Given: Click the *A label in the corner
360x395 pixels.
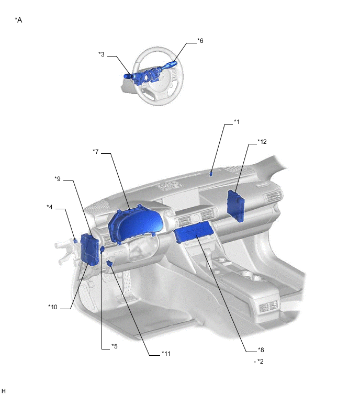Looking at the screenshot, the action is pos(18,20).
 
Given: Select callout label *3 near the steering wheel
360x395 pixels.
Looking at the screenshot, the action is pos(102,54).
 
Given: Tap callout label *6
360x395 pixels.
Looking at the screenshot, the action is pos(200,41).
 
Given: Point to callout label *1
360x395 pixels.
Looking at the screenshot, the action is pos(237,122).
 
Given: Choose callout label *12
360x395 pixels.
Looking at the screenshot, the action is pos(262,142).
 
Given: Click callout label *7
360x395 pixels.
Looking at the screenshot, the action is pos(95,152).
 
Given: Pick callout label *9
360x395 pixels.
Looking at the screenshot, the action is pos(58,179).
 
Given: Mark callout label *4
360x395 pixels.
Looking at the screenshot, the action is pos(49,207).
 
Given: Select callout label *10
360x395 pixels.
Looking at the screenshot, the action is pos(53,307).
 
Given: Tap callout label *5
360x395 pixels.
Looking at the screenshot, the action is pos(115,346).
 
